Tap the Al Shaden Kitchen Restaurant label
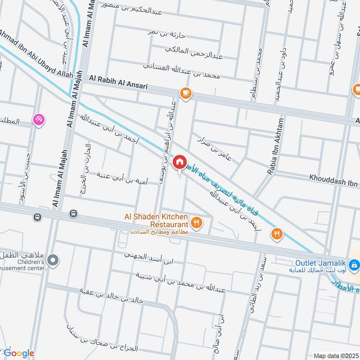click(x=156, y=220)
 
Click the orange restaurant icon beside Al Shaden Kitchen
click(x=196, y=221)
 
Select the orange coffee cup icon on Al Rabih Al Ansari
click(x=185, y=93)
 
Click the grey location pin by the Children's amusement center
click(x=53, y=260)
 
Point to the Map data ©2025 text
click(x=335, y=355)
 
